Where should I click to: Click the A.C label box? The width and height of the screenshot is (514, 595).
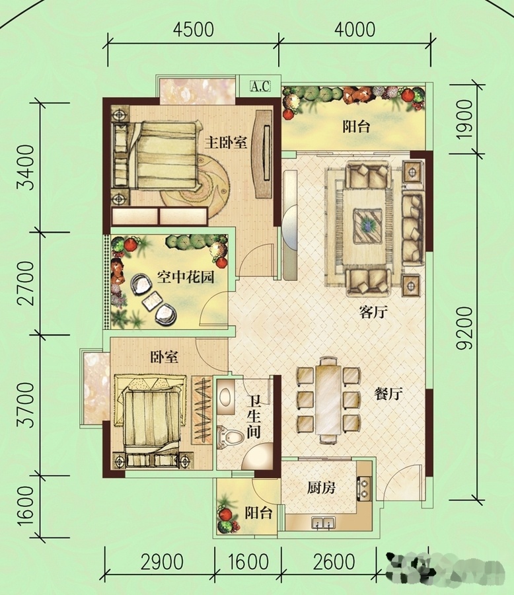click(260, 87)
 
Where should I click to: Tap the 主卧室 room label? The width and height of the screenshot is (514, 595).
click(226, 143)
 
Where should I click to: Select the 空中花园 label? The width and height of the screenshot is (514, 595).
click(186, 278)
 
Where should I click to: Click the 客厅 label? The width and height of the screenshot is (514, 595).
click(374, 312)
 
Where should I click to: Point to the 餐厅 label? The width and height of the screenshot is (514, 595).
click(388, 394)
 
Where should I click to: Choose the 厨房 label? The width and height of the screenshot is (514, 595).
click(321, 488)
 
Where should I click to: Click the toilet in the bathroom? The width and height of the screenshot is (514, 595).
click(230, 438)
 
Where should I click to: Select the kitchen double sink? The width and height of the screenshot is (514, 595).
click(324, 523)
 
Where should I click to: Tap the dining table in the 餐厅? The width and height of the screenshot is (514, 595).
click(328, 400)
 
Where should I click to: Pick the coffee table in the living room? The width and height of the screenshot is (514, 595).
click(368, 226)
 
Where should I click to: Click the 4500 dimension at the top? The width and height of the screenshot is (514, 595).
click(193, 30)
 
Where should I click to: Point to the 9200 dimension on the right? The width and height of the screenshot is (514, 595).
click(464, 328)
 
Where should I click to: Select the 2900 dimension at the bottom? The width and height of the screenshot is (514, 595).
click(162, 562)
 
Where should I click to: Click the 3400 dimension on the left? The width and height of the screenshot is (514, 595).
click(27, 167)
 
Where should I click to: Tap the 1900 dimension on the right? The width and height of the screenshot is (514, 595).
click(464, 120)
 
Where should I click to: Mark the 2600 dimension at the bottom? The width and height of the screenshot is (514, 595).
click(334, 562)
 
